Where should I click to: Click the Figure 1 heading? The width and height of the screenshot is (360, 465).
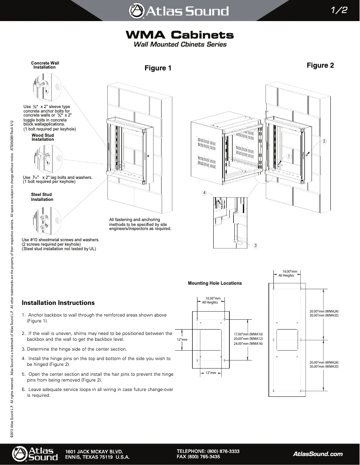tap(158, 68)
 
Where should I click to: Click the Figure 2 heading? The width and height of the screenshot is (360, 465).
tap(320, 65)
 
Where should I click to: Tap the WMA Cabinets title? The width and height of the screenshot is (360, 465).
tap(180, 35)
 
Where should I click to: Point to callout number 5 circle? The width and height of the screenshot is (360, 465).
tap(324, 141)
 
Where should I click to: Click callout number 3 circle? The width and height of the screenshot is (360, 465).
tap(255, 245)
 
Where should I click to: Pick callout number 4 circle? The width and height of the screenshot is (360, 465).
tap(204, 193)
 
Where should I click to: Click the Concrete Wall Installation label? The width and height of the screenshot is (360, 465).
tap(45, 65)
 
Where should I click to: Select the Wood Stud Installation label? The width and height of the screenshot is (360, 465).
tap(43, 137)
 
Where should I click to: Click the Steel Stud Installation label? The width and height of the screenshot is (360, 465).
tap(42, 197)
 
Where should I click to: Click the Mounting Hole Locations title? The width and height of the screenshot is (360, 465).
tap(215, 283)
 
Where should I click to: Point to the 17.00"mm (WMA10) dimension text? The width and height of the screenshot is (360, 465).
tap(248, 334)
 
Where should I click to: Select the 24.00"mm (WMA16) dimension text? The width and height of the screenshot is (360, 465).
tap(248, 343)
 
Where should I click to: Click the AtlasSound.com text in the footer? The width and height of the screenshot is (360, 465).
tap(317, 454)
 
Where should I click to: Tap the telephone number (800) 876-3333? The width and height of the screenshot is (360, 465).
tap(223, 451)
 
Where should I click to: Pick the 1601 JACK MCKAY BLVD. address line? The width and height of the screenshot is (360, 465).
tap(94, 451)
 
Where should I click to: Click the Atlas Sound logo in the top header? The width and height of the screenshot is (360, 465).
tap(179, 11)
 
